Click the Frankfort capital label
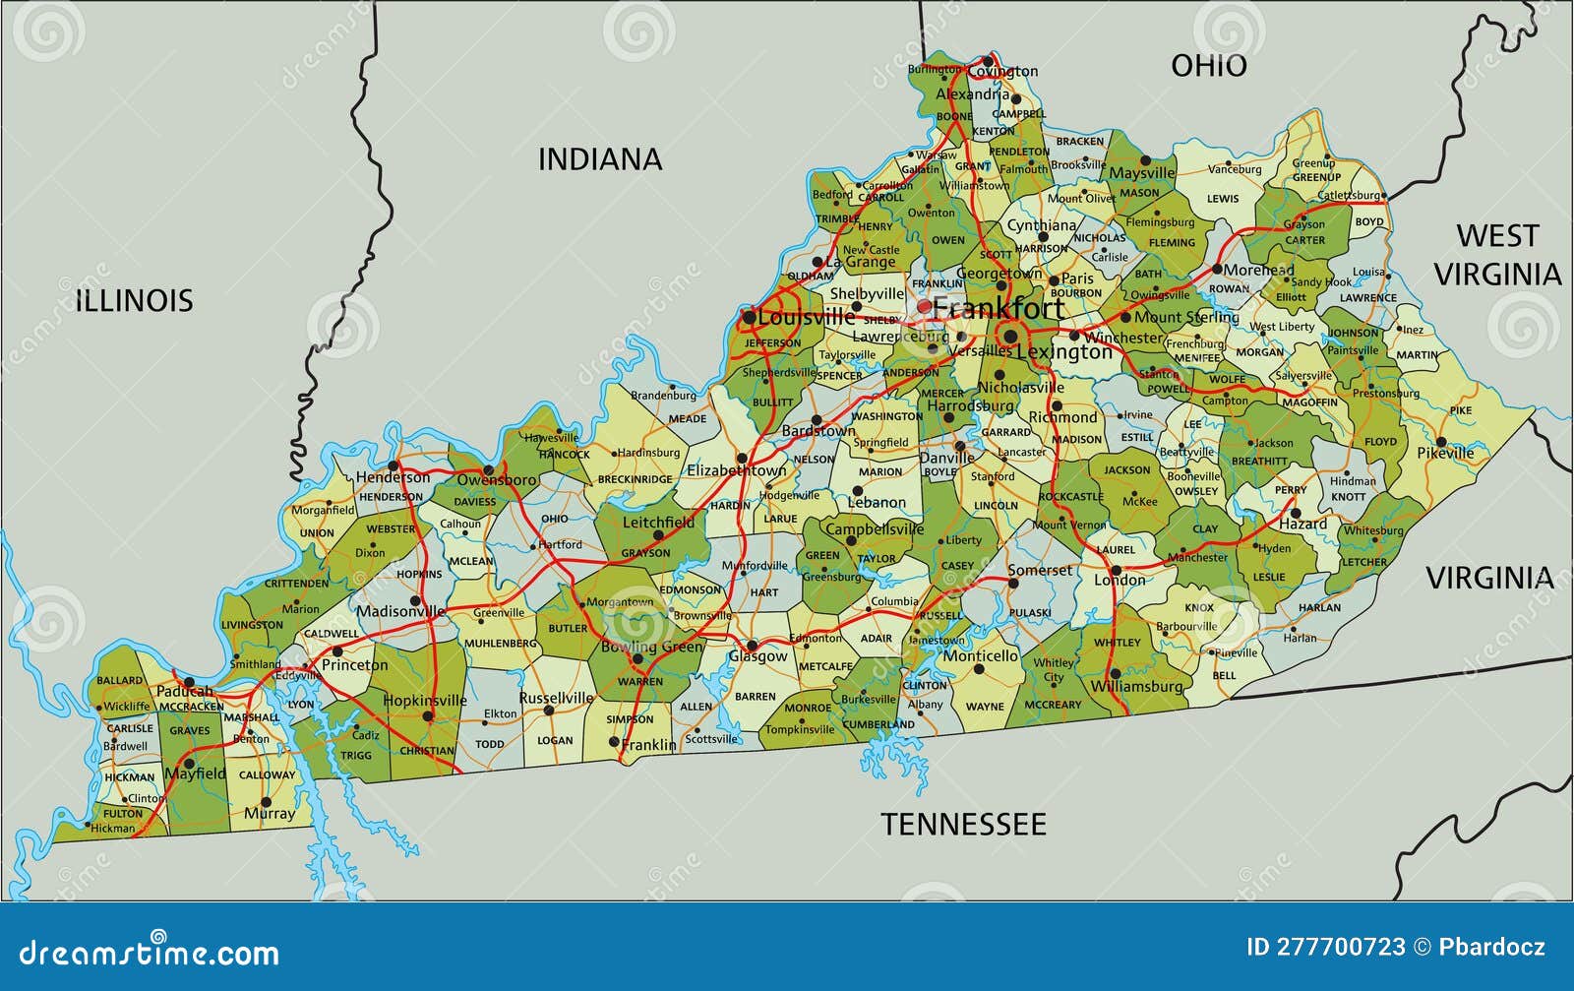click(x=998, y=308)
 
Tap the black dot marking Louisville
click(x=749, y=317)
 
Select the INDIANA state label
click(x=599, y=159)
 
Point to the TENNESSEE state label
click(x=962, y=824)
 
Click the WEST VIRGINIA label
click(x=1496, y=255)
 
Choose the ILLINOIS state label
click(x=135, y=300)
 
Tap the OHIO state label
click(x=1208, y=66)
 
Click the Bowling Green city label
click(x=651, y=647)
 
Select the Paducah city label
click(x=184, y=691)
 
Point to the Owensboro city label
click(x=496, y=480)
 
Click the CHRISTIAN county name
click(x=427, y=751)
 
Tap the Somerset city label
click(x=1040, y=571)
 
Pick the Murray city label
click(x=269, y=814)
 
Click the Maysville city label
click(x=1142, y=173)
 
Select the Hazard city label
click(x=1302, y=525)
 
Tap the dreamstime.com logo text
click(x=150, y=953)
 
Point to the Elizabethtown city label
click(x=736, y=471)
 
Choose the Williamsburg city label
click(x=1137, y=686)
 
